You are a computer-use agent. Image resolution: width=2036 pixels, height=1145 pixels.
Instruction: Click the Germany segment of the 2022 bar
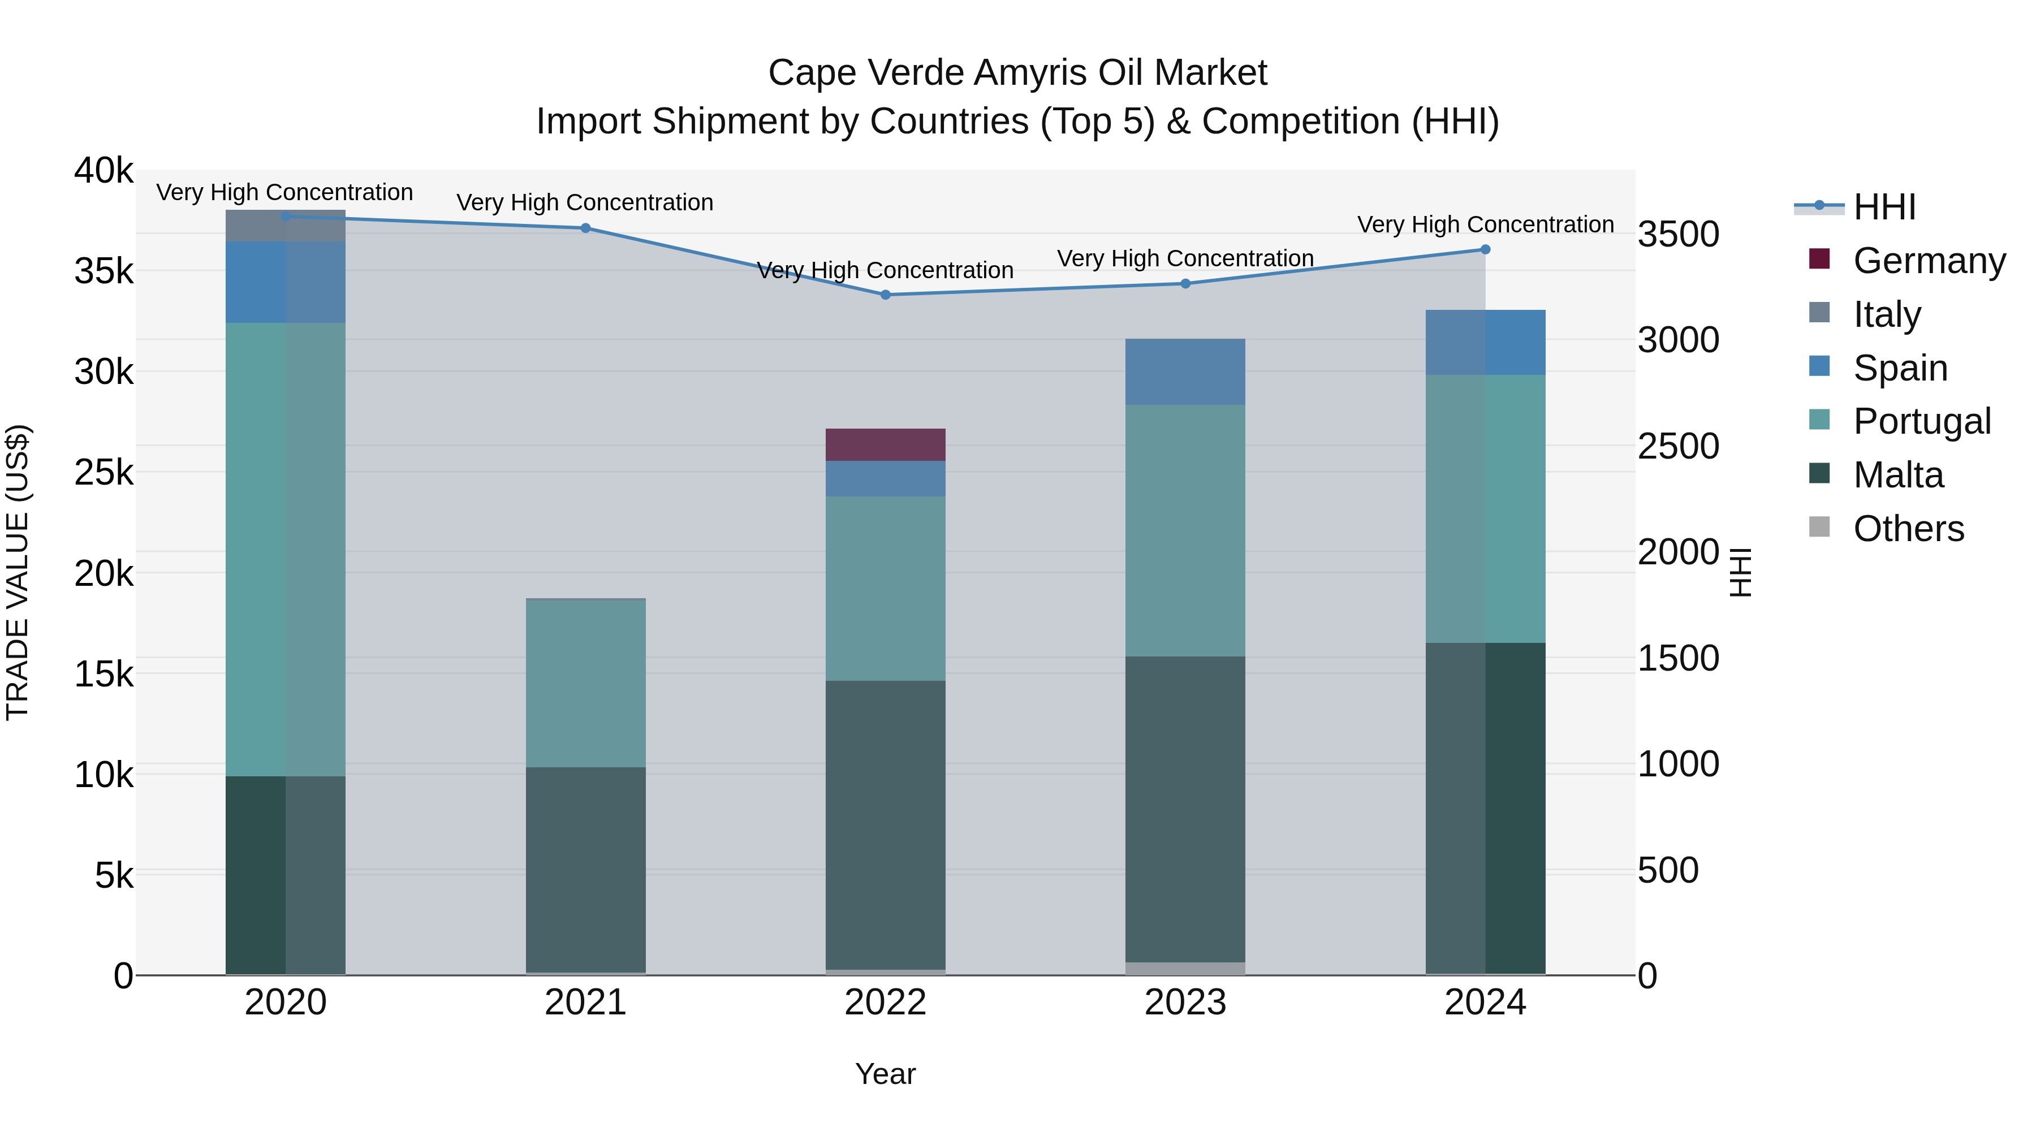tap(885, 445)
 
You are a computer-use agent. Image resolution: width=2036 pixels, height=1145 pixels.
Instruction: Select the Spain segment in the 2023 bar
tap(1185, 372)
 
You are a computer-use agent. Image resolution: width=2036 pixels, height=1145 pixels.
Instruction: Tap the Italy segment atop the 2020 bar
tap(286, 227)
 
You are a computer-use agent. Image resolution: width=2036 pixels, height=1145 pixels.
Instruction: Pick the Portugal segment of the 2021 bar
tap(586, 684)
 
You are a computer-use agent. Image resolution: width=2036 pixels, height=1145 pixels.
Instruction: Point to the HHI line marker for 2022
tap(885, 295)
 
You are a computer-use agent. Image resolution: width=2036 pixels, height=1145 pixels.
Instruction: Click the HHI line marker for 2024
tap(1485, 250)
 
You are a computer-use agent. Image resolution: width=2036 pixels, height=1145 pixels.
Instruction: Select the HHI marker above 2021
tap(586, 228)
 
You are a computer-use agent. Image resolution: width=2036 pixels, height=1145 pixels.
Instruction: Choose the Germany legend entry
tap(1929, 261)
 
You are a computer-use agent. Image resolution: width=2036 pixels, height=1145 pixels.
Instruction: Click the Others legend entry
tap(1908, 529)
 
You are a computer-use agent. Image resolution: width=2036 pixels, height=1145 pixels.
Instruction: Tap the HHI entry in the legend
tap(1884, 207)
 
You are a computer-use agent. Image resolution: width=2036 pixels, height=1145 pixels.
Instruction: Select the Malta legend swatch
tap(1819, 474)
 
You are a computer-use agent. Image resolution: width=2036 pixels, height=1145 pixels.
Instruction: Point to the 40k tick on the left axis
tap(103, 171)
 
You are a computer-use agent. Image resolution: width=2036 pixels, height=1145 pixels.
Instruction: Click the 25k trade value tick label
tap(103, 473)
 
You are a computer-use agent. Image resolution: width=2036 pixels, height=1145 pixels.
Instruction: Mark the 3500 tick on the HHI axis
tap(1678, 235)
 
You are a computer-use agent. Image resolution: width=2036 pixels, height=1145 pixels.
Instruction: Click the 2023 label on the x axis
tap(1185, 1003)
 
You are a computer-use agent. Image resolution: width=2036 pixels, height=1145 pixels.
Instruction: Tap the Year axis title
tap(885, 1074)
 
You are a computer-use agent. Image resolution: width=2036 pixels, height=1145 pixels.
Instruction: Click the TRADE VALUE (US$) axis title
tap(18, 572)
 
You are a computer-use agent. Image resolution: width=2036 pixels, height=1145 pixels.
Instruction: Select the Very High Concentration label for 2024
tap(1485, 224)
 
